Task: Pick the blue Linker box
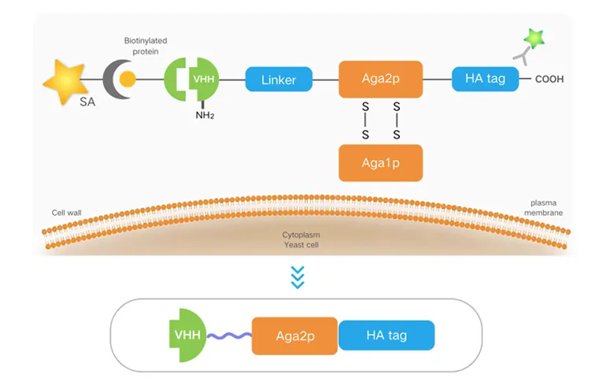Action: coord(279,79)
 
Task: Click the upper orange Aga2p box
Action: coord(381,79)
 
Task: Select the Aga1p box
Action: coord(381,163)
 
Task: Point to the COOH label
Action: coord(549,80)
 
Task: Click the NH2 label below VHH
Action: coord(205,117)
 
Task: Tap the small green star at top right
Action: coord(536,38)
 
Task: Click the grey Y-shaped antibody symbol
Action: coord(522,53)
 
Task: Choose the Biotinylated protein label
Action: coord(146,46)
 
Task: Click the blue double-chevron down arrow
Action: coord(297,277)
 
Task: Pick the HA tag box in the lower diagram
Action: coord(386,336)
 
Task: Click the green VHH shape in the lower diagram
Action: coord(187,336)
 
